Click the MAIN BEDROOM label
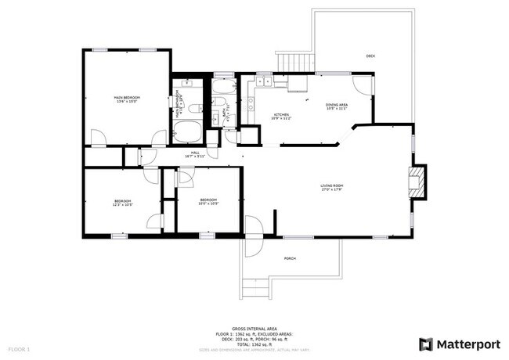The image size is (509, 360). click(126, 98)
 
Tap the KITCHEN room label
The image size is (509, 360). click(280, 114)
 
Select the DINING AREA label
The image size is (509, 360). click(338, 104)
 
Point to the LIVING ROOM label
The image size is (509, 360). click(332, 185)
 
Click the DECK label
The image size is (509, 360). click(370, 56)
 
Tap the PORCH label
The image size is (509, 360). click(290, 259)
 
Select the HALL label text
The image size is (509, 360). click(195, 153)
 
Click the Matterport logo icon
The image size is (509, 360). click(425, 344)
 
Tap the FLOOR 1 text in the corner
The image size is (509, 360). click(19, 347)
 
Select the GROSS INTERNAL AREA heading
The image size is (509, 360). click(254, 329)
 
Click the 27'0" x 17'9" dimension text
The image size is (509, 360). click(332, 189)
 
